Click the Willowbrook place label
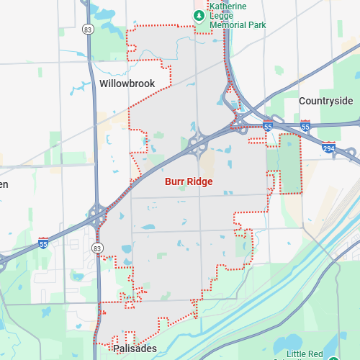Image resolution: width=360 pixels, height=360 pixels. point(127,84)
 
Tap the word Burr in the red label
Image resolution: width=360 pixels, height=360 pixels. point(176,181)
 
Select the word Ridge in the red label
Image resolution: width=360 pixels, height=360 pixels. point(200,181)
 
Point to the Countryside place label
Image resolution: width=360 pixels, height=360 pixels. point(326,101)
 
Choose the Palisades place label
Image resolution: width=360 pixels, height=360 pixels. point(135,348)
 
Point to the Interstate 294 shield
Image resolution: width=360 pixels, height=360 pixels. point(328,146)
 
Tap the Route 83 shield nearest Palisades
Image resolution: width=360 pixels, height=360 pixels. point(98,248)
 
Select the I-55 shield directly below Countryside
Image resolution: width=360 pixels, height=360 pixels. point(305,126)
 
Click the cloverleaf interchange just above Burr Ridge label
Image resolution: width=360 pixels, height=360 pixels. point(199,143)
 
